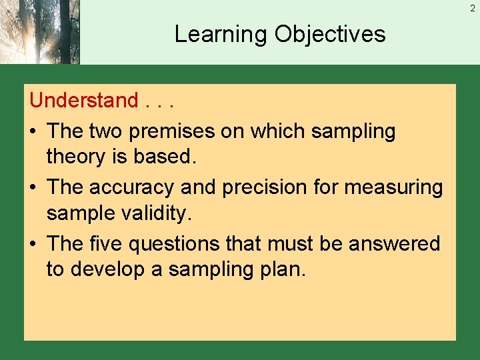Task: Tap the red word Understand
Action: point(83,101)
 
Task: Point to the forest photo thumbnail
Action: point(40,32)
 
